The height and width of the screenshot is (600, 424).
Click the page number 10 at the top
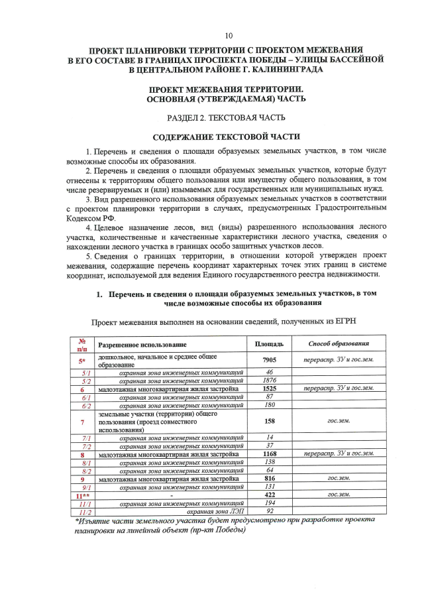coord(228,35)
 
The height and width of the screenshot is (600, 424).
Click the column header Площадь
coord(269,344)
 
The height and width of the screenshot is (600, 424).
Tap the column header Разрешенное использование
coord(142,345)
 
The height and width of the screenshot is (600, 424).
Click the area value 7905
coord(269,359)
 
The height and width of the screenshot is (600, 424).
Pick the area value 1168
coord(269,454)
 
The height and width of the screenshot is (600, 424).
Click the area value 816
coord(269,478)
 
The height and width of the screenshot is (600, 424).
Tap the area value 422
coord(269,495)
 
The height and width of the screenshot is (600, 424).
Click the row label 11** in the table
coord(82,495)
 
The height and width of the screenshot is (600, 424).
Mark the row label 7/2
coord(85,446)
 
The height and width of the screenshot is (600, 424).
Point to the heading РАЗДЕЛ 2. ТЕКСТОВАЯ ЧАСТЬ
coord(227,118)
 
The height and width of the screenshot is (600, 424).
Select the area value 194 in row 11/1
coord(269,503)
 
